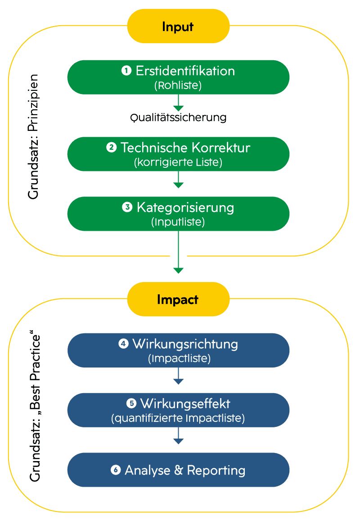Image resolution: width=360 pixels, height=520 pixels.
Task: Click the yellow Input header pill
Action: pyautogui.click(x=178, y=27)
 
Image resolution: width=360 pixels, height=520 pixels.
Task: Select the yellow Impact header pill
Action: pyautogui.click(x=178, y=300)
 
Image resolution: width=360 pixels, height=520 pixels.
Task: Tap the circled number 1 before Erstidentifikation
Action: pyautogui.click(x=126, y=71)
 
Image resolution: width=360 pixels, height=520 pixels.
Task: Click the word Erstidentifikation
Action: pyautogui.click(x=185, y=71)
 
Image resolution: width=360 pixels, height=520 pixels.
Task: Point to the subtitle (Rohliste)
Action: pyautogui.click(x=178, y=85)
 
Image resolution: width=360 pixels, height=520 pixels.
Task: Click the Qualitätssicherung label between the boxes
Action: pyautogui.click(x=178, y=118)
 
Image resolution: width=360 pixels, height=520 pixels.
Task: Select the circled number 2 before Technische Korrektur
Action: pyautogui.click(x=111, y=148)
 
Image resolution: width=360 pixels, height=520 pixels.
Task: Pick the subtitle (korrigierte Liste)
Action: pyautogui.click(x=178, y=162)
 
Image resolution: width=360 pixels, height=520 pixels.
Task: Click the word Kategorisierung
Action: pyautogui.click(x=185, y=207)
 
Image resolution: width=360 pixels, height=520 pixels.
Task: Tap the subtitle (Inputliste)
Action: pyautogui.click(x=178, y=222)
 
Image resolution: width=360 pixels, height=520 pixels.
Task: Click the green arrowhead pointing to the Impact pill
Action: pyautogui.click(x=179, y=270)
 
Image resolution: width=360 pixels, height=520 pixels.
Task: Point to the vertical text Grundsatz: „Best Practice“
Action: pyautogui.click(x=35, y=408)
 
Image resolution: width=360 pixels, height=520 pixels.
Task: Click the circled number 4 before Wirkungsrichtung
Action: pyautogui.click(x=123, y=344)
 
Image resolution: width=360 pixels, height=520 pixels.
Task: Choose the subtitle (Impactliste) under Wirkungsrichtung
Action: pyautogui.click(x=179, y=359)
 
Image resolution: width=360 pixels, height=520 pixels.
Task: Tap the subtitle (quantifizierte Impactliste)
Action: pyautogui.click(x=178, y=418)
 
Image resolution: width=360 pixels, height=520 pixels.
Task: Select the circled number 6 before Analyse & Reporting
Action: pyautogui.click(x=116, y=470)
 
